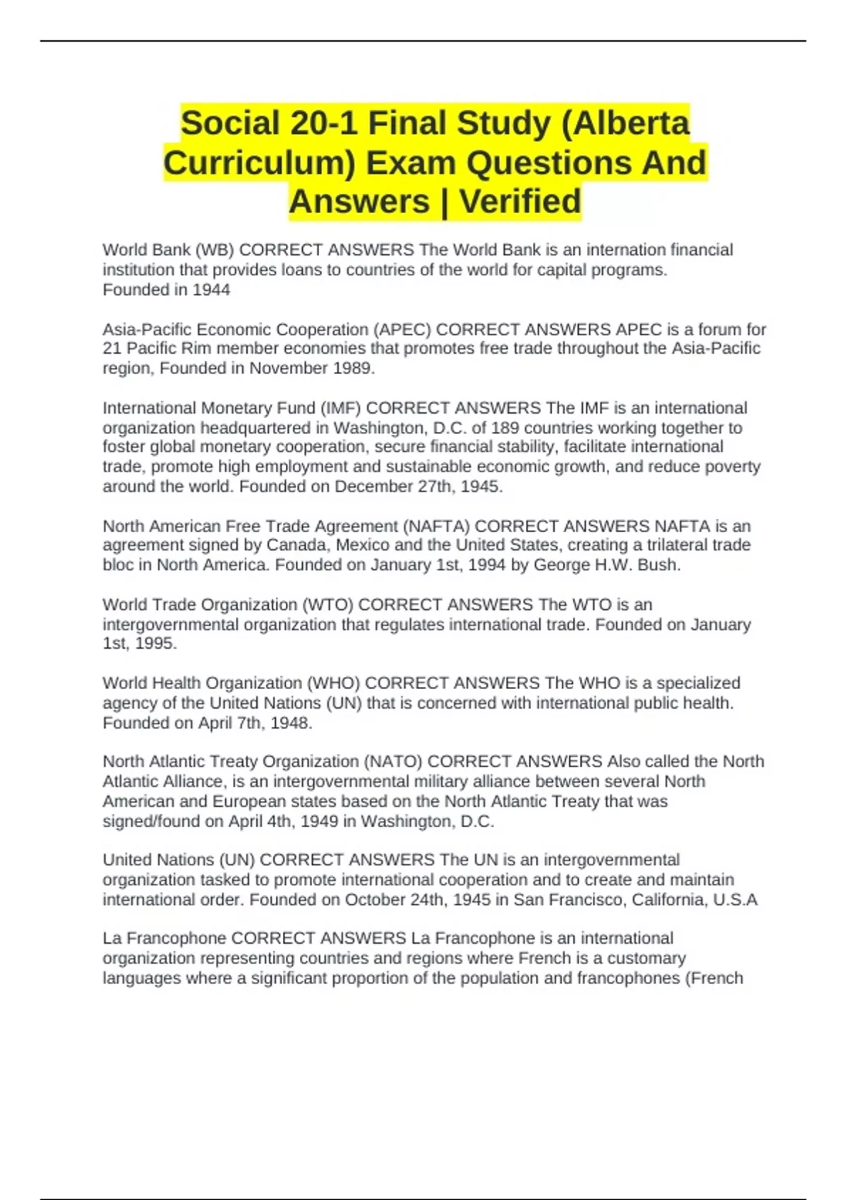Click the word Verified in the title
pos(521,201)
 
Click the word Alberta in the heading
pos(635,124)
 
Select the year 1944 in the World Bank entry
pos(211,289)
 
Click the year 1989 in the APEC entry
pos(353,368)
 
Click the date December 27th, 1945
pos(418,486)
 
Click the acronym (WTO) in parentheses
pos(328,605)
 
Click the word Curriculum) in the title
pos(260,162)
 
